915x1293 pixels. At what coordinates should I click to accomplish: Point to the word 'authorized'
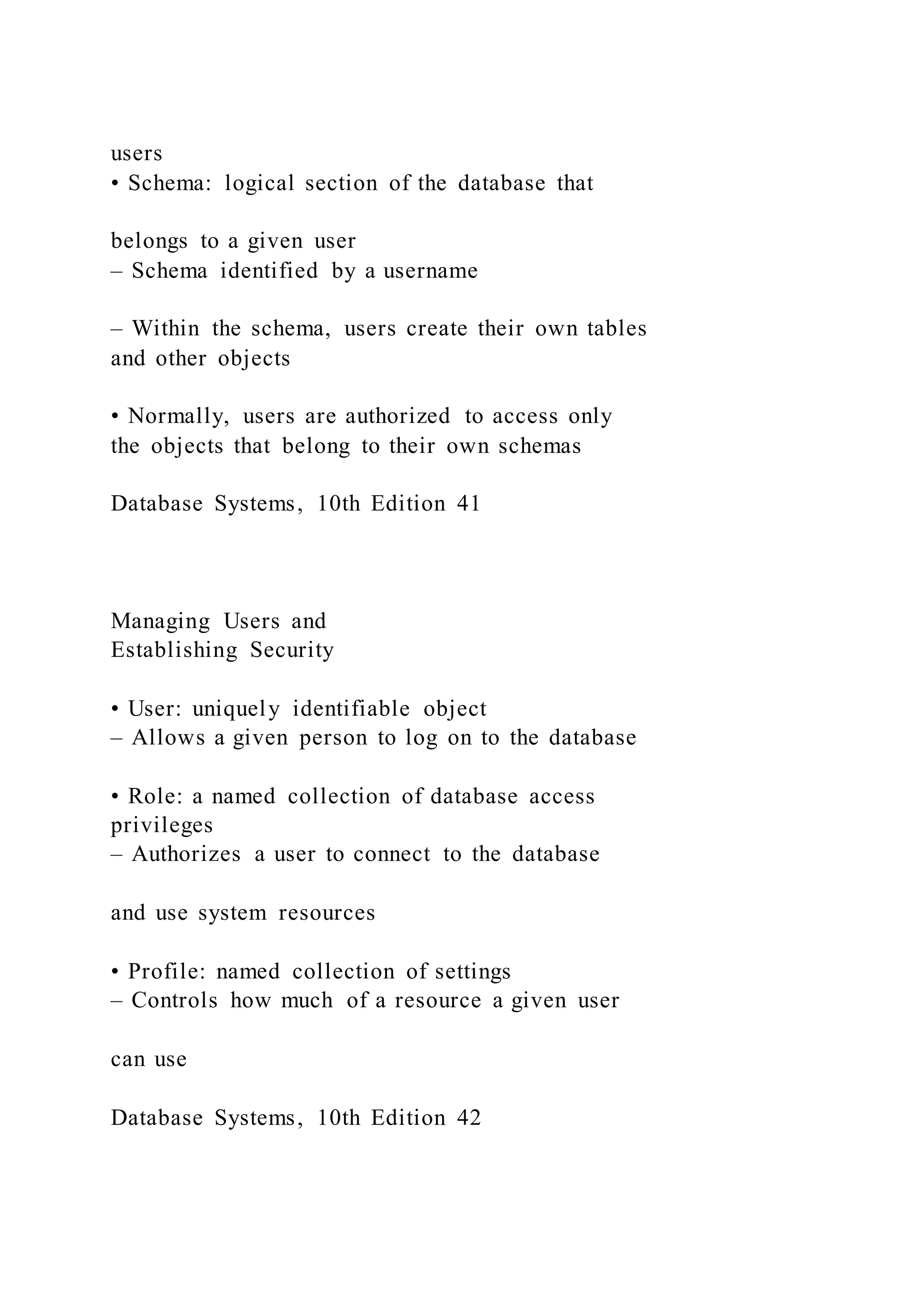pyautogui.click(x=398, y=416)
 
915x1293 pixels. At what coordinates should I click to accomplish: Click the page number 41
pyautogui.click(x=468, y=504)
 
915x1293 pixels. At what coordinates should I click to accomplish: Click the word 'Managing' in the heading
pyautogui.click(x=160, y=621)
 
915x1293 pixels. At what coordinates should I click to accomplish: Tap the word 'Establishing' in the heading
pyautogui.click(x=174, y=650)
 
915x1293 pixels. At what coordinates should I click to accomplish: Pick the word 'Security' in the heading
pyautogui.click(x=292, y=650)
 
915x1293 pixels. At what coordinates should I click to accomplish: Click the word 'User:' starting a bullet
pyautogui.click(x=155, y=709)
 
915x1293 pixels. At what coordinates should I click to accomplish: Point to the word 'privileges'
pyautogui.click(x=162, y=826)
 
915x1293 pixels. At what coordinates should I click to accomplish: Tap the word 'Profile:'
pyautogui.click(x=166, y=972)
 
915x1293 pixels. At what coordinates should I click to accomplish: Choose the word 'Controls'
pyautogui.click(x=175, y=1001)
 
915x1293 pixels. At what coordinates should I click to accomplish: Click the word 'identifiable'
pyautogui.click(x=351, y=709)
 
